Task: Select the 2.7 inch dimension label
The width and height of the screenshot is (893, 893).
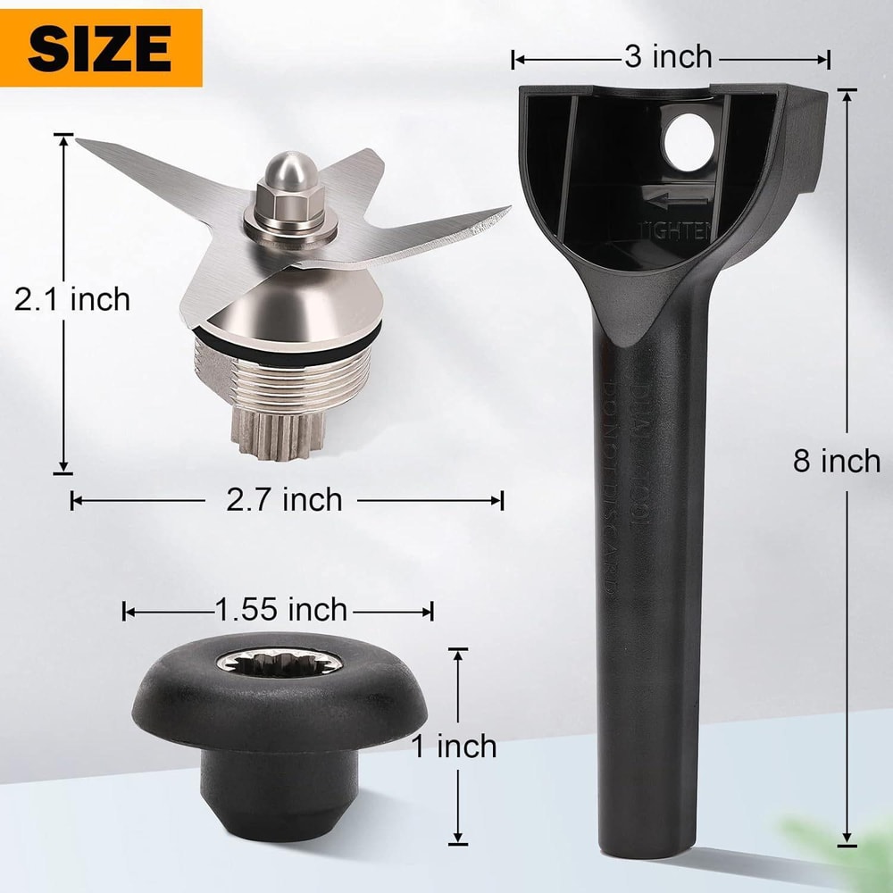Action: [284, 500]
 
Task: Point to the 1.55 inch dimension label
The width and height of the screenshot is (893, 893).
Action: [280, 610]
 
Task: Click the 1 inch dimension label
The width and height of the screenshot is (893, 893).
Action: [454, 746]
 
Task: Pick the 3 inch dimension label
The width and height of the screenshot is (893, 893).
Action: [668, 58]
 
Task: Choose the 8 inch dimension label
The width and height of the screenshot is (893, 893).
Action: [837, 461]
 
